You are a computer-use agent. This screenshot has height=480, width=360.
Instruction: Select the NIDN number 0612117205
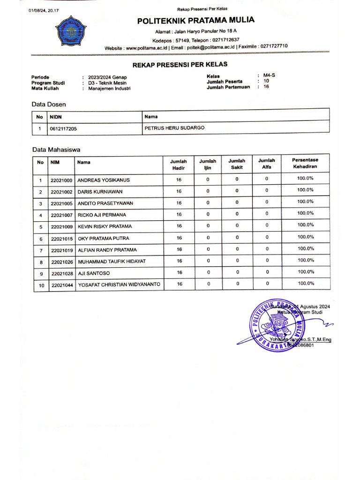pos(63,128)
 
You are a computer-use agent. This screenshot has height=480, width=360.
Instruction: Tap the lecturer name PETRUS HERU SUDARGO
pos(175,127)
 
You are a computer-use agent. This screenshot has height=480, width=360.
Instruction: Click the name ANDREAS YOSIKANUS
pos(104,180)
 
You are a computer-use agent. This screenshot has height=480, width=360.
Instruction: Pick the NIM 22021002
pos(61,192)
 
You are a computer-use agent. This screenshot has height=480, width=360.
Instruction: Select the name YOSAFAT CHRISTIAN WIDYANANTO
pos(119,285)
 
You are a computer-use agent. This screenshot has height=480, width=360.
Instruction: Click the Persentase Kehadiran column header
pos(305,163)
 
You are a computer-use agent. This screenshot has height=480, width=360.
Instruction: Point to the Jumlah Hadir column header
pos(178,164)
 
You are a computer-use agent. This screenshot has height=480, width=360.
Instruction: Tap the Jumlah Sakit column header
pos(237,164)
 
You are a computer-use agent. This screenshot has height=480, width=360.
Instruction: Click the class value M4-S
pos(269,75)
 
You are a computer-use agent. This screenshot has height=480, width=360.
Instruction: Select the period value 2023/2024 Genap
pos(107,77)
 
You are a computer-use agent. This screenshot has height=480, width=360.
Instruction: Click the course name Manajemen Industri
pos(109,88)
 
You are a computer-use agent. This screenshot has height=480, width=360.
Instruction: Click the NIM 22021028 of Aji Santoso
pos(61,273)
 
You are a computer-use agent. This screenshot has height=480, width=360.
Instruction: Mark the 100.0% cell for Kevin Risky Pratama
pos(305,225)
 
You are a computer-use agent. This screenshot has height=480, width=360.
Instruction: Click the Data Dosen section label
pos(49,104)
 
